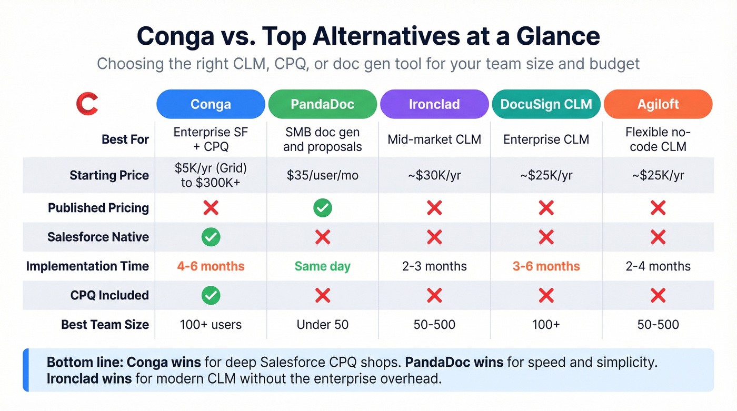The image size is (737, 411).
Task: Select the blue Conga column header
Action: click(211, 104)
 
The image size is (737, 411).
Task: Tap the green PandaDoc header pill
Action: click(323, 104)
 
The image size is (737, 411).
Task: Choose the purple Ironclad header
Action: click(434, 104)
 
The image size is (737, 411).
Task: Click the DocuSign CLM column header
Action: click(546, 104)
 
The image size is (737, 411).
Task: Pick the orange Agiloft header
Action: click(658, 104)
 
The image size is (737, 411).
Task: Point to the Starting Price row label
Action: click(109, 175)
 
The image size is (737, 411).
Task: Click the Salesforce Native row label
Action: click(98, 237)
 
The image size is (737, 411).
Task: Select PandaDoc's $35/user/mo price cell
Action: click(323, 175)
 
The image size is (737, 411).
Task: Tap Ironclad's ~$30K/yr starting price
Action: click(434, 175)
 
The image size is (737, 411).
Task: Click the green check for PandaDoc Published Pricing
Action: click(323, 208)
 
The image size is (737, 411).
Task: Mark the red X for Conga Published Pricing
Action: click(211, 208)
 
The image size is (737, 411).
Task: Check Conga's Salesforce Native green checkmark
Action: click(211, 237)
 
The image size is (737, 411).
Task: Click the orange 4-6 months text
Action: click(211, 266)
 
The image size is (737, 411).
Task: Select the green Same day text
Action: click(323, 266)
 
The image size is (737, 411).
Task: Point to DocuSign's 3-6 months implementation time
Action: click(546, 266)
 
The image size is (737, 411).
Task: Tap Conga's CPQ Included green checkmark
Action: click(211, 296)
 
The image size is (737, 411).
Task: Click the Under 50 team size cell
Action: click(323, 325)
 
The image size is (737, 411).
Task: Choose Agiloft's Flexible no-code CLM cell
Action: click(658, 139)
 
